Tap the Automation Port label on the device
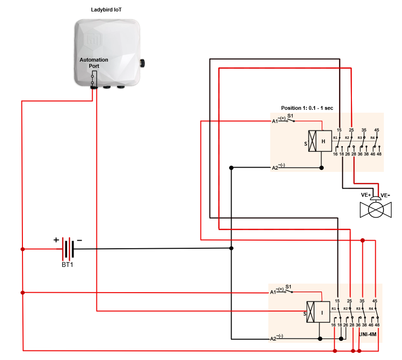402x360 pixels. pyautogui.click(x=94, y=63)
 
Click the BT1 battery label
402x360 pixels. pyautogui.click(x=67, y=265)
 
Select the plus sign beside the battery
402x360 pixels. pyautogui.click(x=56, y=240)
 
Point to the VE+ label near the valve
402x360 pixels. pyautogui.click(x=366, y=195)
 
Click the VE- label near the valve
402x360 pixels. pyautogui.click(x=386, y=195)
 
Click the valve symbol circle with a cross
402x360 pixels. pyautogui.click(x=376, y=210)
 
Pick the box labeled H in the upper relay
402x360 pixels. pyautogui.click(x=323, y=141)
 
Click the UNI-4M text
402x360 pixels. pyautogui.click(x=368, y=335)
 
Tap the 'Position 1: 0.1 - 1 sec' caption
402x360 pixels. pyautogui.click(x=307, y=108)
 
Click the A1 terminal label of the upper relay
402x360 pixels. pyautogui.click(x=275, y=121)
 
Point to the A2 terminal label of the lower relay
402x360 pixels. pyautogui.click(x=273, y=339)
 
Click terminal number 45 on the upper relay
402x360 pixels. pyautogui.click(x=377, y=130)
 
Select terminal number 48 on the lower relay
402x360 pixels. pyautogui.click(x=378, y=325)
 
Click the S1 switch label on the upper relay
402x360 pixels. pyautogui.click(x=290, y=116)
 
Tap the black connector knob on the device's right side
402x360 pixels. pyautogui.click(x=142, y=62)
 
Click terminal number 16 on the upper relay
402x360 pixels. pyautogui.click(x=335, y=154)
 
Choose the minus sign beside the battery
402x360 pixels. pyautogui.click(x=79, y=240)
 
